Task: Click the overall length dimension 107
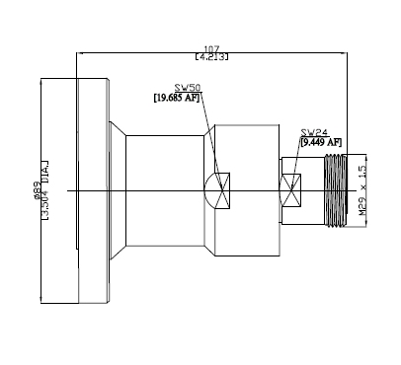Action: click(x=211, y=49)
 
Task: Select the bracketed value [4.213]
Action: click(x=211, y=57)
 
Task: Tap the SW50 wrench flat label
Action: click(x=188, y=88)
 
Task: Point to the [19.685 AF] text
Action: click(x=177, y=98)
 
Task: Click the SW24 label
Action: click(x=314, y=132)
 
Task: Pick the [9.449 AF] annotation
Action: click(x=321, y=142)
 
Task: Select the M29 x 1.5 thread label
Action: click(x=362, y=190)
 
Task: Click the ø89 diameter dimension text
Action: click(x=37, y=190)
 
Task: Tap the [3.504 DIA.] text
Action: click(x=44, y=190)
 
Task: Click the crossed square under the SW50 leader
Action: click(x=222, y=190)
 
